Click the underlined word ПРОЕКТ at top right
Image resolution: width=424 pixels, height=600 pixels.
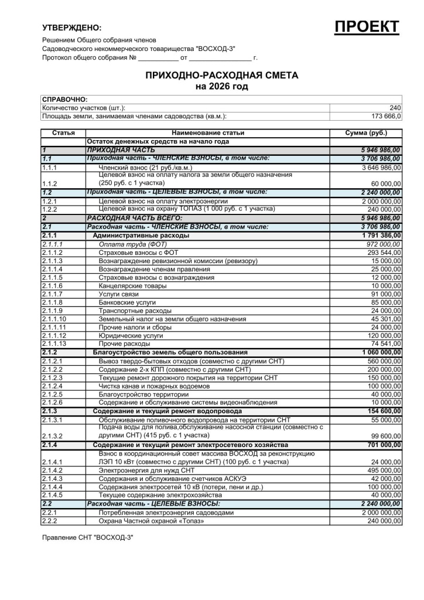pyautogui.click(x=367, y=27)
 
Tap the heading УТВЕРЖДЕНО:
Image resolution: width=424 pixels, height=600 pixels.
pyautogui.click(x=71, y=28)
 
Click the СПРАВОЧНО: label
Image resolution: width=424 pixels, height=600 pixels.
pyautogui.click(x=65, y=100)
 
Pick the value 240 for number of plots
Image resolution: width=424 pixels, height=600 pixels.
pyautogui.click(x=395, y=108)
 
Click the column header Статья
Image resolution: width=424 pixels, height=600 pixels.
pyautogui.click(x=63, y=133)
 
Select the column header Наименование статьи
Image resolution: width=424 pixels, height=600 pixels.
pyautogui.click(x=208, y=133)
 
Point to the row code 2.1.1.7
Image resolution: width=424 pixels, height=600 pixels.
pyautogui.click(x=52, y=294)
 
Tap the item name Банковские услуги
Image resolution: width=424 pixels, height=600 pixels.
pyautogui.click(x=127, y=302)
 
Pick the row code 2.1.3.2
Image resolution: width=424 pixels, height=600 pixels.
pyautogui.click(x=52, y=437)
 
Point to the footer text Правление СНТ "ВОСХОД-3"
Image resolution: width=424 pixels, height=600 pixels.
pyautogui.click(x=88, y=537)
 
